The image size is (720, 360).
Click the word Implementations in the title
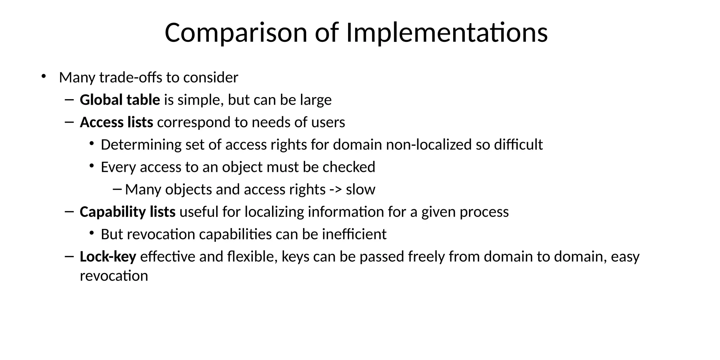point(447,33)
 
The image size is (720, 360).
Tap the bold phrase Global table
point(120,100)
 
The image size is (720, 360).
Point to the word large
point(316,100)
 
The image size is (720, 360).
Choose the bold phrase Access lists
point(116,123)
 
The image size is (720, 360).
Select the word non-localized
point(429,145)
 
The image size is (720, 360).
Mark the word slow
point(361,190)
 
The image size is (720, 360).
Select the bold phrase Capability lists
point(128,212)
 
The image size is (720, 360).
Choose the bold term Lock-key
point(108,257)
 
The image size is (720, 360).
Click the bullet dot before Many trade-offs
point(44,76)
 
